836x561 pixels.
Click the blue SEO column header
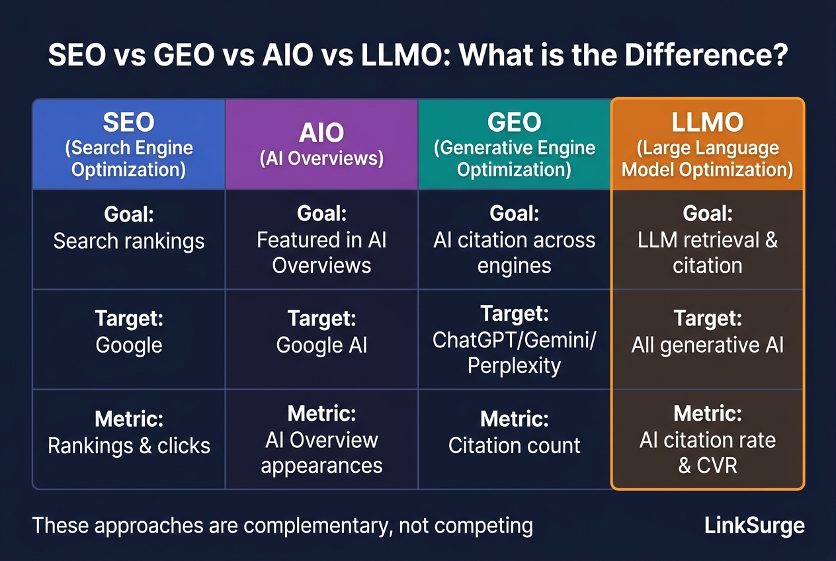tap(129, 144)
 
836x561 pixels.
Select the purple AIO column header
tap(321, 144)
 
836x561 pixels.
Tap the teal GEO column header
tap(515, 144)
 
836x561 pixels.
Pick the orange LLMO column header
tap(708, 144)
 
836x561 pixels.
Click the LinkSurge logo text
tap(754, 526)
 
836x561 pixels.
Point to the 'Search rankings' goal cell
tap(129, 240)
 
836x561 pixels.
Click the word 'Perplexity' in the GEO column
tap(515, 366)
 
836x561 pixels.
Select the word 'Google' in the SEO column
tap(129, 345)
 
